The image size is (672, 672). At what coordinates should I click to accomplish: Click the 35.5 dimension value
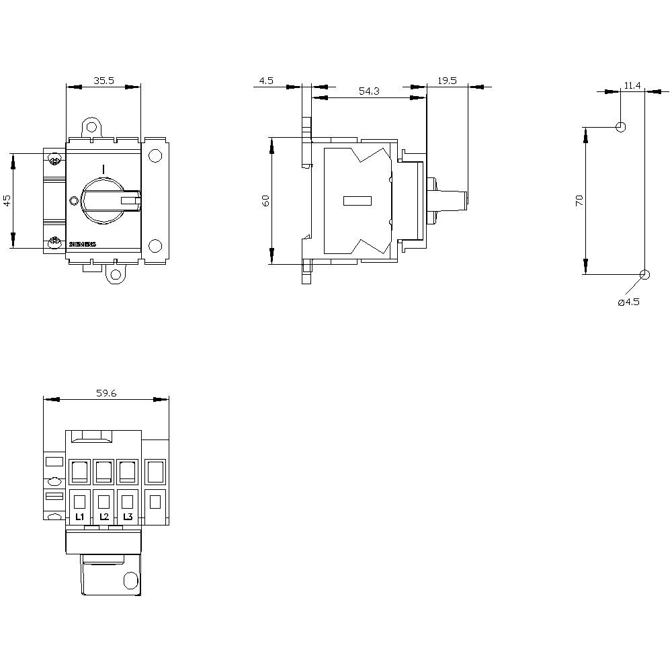[103, 80]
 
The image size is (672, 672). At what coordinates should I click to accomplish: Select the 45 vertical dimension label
[7, 200]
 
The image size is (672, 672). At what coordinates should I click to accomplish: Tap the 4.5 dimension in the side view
[266, 81]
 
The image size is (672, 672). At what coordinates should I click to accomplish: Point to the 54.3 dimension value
[368, 91]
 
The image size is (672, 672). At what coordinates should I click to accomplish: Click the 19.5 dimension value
[447, 81]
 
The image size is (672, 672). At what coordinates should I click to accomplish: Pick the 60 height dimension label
[265, 200]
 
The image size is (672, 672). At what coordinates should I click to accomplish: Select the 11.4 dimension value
[632, 85]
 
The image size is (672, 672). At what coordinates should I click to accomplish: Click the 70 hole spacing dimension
[580, 200]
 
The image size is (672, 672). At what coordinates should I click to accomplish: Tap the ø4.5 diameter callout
[628, 302]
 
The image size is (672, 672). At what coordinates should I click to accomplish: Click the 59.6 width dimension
[106, 393]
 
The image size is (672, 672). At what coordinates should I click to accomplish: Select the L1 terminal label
[79, 517]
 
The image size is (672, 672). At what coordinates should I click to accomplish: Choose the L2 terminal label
[103, 517]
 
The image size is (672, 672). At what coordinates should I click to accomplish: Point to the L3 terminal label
[128, 517]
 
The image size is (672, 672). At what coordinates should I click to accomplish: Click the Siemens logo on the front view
[83, 244]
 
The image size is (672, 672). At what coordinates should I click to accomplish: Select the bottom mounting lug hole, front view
[116, 274]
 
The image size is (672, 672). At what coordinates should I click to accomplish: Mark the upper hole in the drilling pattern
[621, 127]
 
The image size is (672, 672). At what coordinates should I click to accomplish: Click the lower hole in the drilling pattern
[645, 274]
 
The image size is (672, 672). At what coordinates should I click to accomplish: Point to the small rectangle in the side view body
[357, 200]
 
